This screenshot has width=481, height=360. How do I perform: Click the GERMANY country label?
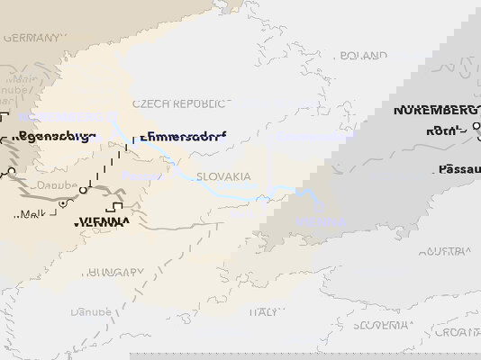click(x=34, y=39)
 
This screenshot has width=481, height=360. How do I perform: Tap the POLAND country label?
click(x=363, y=56)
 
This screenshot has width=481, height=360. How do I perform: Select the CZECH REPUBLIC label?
click(x=179, y=104)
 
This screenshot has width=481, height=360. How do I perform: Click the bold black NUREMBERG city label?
click(x=436, y=111)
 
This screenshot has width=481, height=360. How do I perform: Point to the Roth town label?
click(x=444, y=130)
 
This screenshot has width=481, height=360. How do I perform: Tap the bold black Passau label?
click(x=459, y=169)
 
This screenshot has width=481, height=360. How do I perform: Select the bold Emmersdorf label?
click(x=182, y=138)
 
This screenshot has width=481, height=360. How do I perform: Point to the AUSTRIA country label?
click(x=449, y=251)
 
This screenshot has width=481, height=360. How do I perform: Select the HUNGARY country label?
click(x=114, y=272)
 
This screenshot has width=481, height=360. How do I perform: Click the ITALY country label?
click(x=264, y=311)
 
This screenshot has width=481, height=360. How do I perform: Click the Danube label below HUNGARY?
click(x=91, y=311)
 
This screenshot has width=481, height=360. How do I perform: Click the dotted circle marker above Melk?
click(x=62, y=203)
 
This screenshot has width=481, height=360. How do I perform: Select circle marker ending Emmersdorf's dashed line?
click(x=83, y=190)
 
